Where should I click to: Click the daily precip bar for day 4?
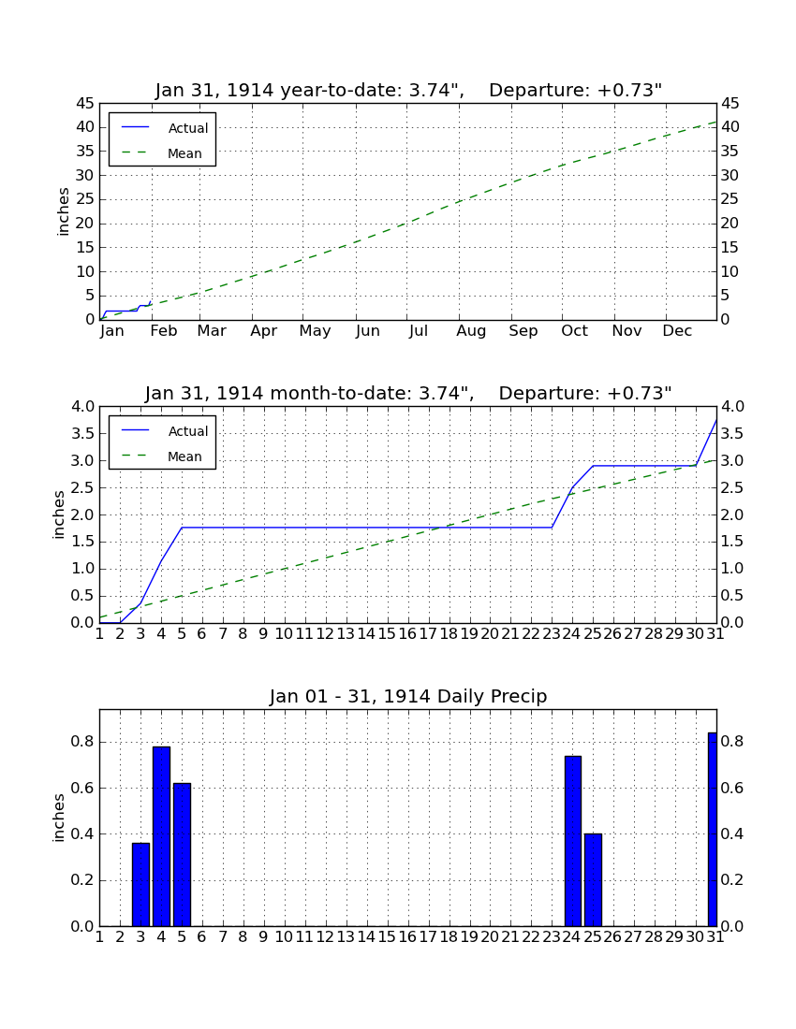click(161, 836)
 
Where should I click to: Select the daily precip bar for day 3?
click(140, 885)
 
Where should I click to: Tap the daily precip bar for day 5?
click(182, 854)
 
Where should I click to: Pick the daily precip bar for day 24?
click(573, 841)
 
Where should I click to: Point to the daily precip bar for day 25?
click(593, 880)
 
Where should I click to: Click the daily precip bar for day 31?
click(713, 830)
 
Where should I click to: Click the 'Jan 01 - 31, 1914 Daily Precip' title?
click(408, 696)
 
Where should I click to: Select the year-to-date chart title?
click(408, 90)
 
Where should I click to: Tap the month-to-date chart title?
click(408, 393)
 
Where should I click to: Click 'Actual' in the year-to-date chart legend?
click(188, 129)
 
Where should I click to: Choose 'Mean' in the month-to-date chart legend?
click(184, 457)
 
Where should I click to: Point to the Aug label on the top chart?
click(471, 331)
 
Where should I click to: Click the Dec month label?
click(677, 331)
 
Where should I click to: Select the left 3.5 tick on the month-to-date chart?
click(81, 434)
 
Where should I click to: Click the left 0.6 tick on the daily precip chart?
click(81, 788)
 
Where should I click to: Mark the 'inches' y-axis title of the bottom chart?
click(59, 818)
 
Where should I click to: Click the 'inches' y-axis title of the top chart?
click(63, 211)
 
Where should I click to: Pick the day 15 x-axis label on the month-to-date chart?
click(387, 634)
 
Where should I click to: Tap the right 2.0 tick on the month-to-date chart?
click(732, 515)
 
